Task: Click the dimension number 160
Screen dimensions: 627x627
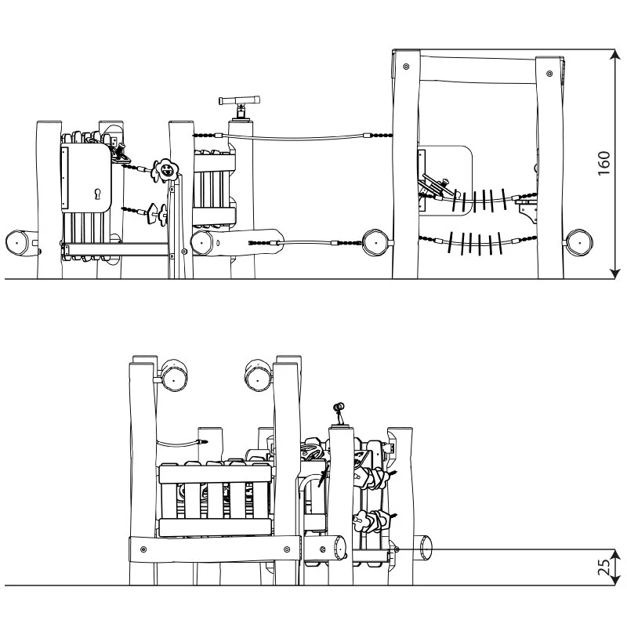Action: point(603,163)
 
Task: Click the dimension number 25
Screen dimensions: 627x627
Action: point(603,567)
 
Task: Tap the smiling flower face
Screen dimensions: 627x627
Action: point(165,170)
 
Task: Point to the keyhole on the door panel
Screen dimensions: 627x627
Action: point(97,194)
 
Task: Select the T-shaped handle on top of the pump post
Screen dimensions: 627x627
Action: point(240,100)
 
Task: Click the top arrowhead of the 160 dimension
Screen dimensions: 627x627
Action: point(614,55)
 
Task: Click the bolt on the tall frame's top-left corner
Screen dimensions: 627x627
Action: point(406,67)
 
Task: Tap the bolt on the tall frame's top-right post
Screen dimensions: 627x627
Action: point(549,74)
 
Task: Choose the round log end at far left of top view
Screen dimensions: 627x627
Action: point(16,243)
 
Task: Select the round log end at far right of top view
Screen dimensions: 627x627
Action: point(579,242)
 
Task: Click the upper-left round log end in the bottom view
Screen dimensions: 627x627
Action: point(173,376)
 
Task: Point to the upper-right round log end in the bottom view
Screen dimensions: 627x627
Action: point(258,376)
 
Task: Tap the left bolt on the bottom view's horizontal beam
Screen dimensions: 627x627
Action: point(143,549)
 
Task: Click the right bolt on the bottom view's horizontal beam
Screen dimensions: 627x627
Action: point(286,550)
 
